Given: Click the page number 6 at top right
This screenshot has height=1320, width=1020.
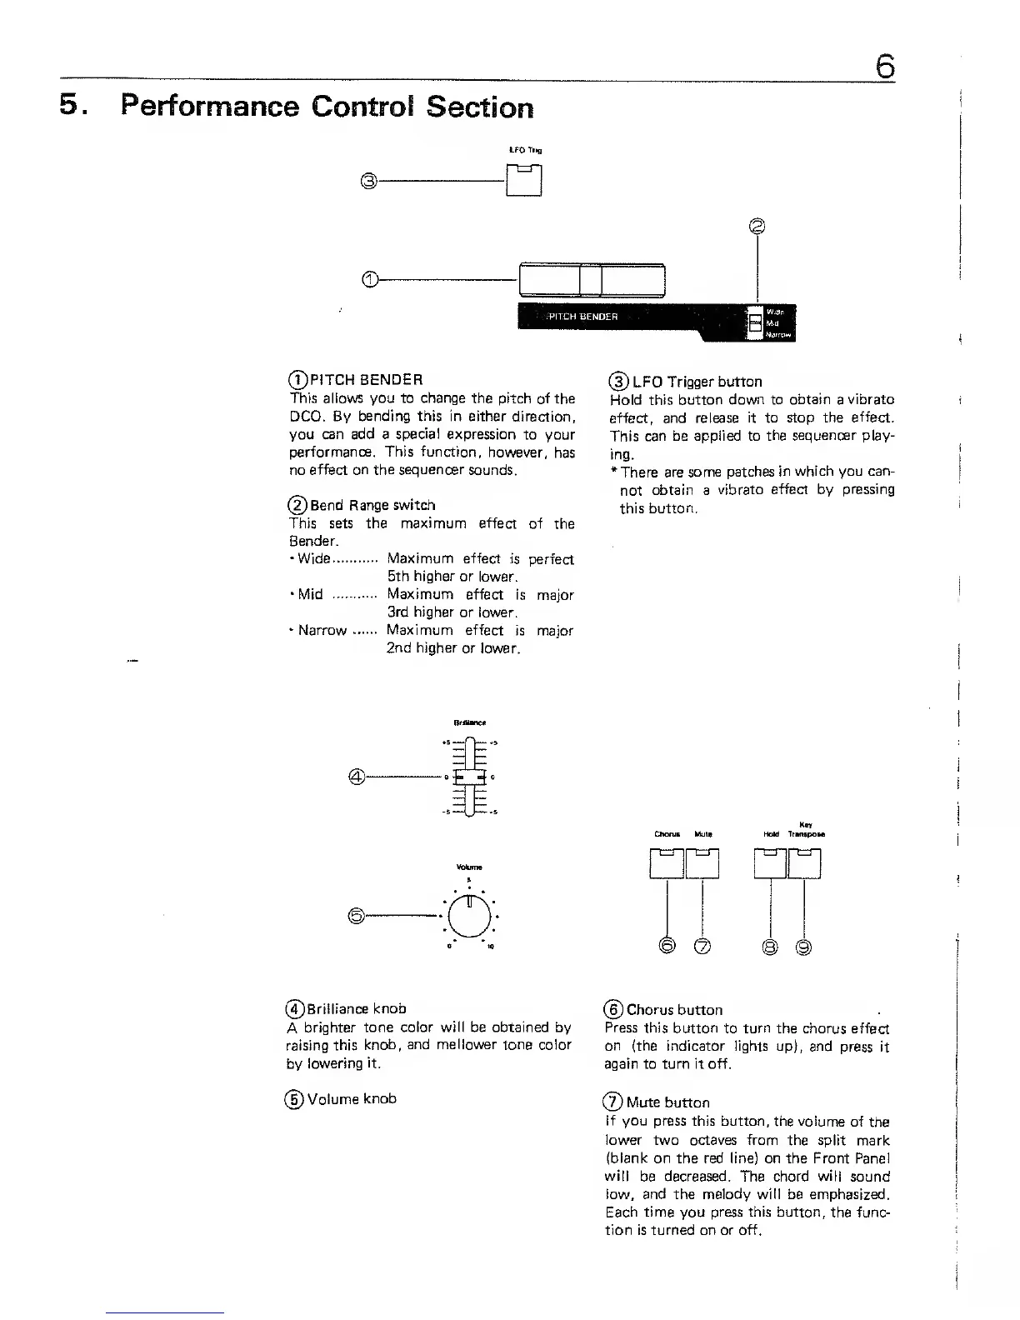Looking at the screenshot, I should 885,65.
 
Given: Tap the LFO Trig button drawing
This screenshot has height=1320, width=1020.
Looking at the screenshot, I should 524,180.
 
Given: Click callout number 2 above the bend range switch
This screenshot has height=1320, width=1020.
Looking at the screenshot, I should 757,225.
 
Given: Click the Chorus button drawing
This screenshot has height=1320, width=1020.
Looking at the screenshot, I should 667,862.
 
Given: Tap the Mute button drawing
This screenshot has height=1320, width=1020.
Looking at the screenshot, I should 702,862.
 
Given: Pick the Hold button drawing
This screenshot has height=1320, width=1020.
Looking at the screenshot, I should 770,862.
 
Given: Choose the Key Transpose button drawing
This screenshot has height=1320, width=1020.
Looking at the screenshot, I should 805,862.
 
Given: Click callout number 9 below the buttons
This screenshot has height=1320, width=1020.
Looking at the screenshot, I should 804,947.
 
